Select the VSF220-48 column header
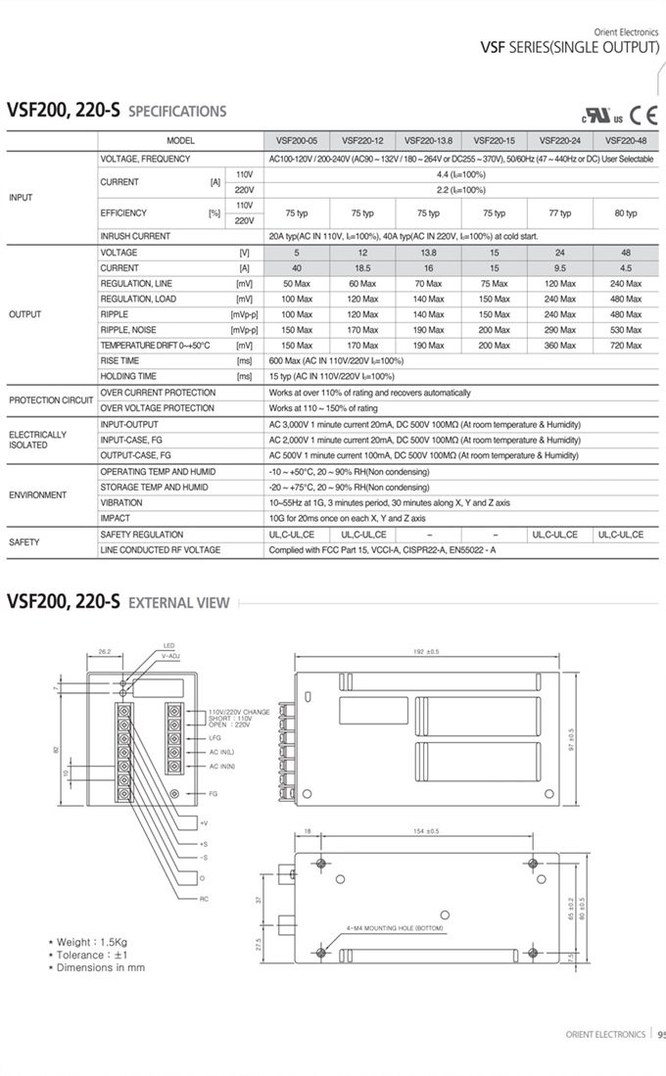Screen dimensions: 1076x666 [x=625, y=140]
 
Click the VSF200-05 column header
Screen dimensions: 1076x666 [x=296, y=140]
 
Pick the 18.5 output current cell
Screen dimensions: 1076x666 [x=362, y=267]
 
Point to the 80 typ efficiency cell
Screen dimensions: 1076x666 [x=625, y=213]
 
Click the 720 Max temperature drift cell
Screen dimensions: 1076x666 [x=625, y=346]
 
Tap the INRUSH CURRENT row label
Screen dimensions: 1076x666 [x=135, y=236]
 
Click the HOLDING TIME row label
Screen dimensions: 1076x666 [x=128, y=376]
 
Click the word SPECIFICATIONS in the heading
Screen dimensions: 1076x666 [x=177, y=112]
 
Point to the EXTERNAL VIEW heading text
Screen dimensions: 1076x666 [x=179, y=603]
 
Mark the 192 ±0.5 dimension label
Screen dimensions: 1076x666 [x=427, y=651]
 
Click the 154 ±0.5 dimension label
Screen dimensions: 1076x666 [x=426, y=830]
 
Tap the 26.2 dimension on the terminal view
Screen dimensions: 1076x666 [x=105, y=649]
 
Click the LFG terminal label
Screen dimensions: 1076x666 [x=214, y=737]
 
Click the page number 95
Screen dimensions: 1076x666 [x=661, y=1034]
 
